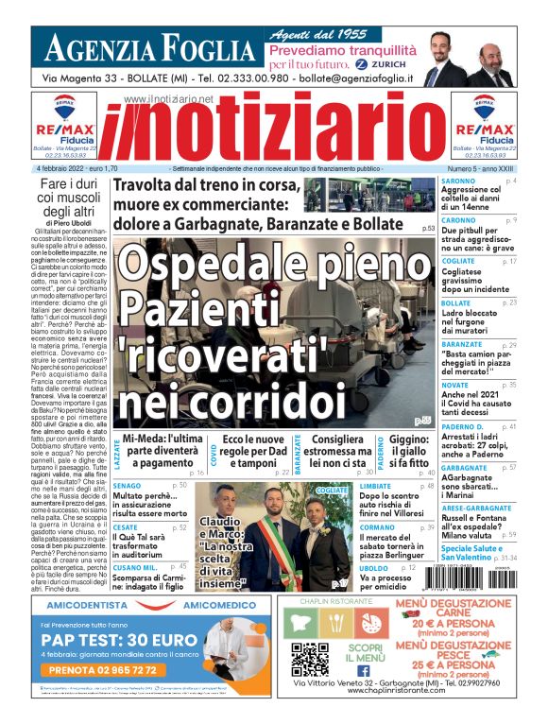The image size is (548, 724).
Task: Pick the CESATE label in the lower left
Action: (124, 526)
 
